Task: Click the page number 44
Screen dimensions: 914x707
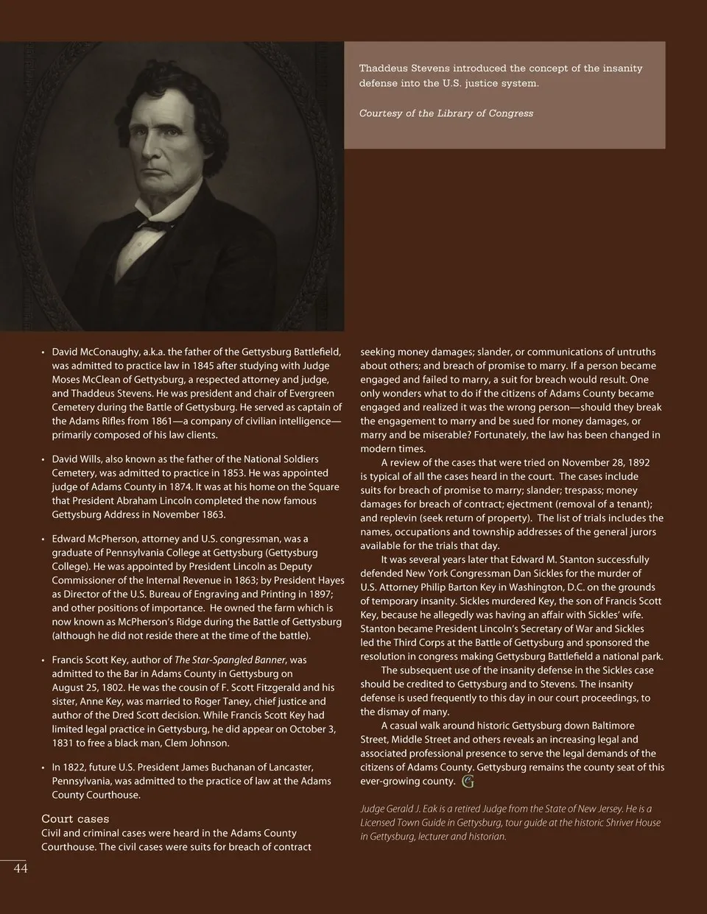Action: pos(21,869)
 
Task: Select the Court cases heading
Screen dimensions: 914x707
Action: pos(75,819)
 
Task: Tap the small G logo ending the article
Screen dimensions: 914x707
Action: pos(468,782)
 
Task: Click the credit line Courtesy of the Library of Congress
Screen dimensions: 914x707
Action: pos(446,113)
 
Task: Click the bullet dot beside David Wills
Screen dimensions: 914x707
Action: pos(43,460)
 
